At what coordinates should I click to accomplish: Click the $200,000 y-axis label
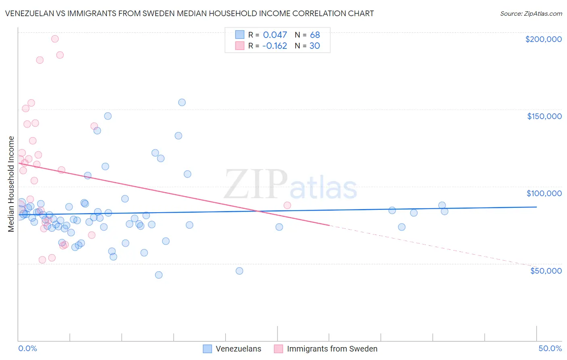pos(543,39)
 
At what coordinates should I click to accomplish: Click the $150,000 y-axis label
pos(544,116)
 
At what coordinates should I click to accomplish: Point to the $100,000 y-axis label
pos(544,193)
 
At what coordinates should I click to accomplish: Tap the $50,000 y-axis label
pos(546,271)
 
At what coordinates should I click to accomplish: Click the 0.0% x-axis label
pos(27,348)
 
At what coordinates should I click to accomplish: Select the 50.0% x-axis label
pos(550,348)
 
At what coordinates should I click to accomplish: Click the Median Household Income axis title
pos(11,184)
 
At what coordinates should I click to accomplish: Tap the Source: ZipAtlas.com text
pos(531,14)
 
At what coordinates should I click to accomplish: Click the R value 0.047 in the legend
pos(275,35)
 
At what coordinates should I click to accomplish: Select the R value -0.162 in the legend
pos(275,46)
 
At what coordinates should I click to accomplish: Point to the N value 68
pos(315,35)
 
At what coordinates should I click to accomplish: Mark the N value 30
pos(315,46)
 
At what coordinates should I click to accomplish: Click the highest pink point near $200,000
pos(55,39)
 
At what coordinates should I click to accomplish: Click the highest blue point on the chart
pos(182,103)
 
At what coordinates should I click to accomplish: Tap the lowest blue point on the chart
pos(159,275)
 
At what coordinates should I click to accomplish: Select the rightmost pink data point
pos(287,205)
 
